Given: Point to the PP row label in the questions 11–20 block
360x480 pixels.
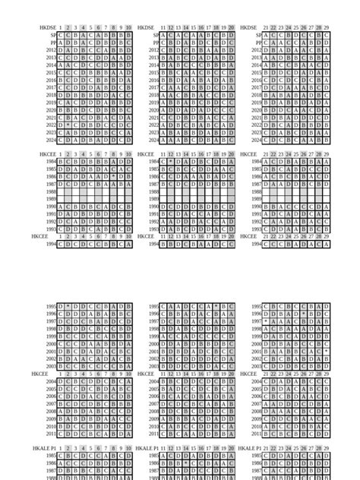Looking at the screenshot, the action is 156,43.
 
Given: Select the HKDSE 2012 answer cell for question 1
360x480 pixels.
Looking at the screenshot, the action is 61,50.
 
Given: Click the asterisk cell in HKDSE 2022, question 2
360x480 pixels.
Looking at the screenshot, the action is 68,125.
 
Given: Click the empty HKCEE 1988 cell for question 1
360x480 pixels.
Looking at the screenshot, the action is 61,191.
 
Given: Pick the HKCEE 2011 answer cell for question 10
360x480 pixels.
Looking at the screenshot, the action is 129,434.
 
